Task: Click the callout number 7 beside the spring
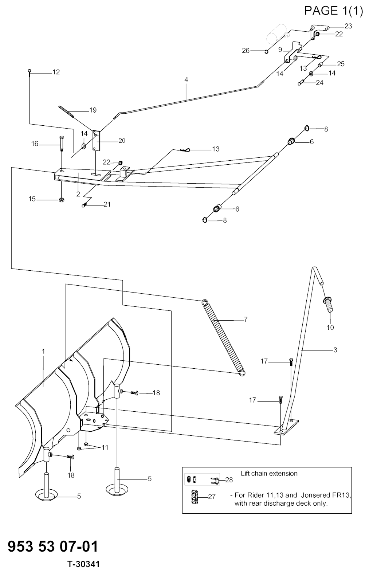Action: [246, 320]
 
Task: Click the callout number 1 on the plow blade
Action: [43, 351]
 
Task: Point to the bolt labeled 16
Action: [61, 144]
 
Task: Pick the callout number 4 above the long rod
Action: [186, 80]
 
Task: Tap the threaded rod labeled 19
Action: [66, 111]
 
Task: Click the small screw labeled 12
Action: [30, 73]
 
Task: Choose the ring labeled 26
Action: [267, 51]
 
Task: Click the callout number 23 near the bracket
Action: [348, 26]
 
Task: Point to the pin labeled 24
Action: [301, 83]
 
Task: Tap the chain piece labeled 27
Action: [195, 497]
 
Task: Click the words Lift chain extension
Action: [269, 473]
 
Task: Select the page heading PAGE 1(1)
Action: [334, 11]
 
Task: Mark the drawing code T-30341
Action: [83, 564]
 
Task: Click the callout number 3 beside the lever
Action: [335, 350]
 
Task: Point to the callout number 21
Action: [107, 204]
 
